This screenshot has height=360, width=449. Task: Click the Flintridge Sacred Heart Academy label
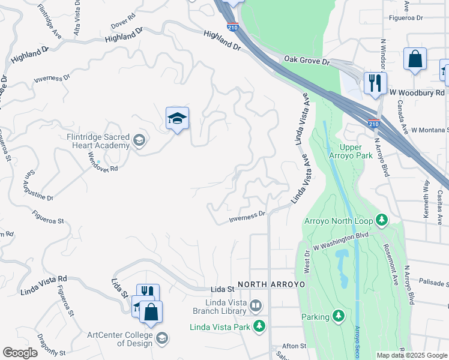pos(98,141)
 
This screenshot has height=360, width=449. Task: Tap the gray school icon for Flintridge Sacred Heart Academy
pos(139,141)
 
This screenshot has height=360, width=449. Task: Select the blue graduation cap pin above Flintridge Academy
pos(178,119)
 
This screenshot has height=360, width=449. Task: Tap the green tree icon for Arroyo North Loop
pos(381,220)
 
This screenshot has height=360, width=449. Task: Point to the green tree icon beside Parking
pos(339,316)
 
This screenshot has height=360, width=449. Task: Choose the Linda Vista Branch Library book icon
pos(256,307)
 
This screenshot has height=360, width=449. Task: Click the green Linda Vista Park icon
pos(259,327)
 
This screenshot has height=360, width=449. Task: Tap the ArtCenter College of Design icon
pos(161,339)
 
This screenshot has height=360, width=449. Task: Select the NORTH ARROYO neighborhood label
pos(271,284)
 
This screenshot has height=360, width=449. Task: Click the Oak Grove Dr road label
pos(307,61)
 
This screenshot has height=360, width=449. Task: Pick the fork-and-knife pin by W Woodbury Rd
pos(375,83)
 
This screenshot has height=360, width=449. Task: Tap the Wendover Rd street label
pos(103,162)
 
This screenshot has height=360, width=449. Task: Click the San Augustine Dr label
pos(38,186)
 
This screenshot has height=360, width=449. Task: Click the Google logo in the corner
pos(20,353)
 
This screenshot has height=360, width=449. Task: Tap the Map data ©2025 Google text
pos(412,355)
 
